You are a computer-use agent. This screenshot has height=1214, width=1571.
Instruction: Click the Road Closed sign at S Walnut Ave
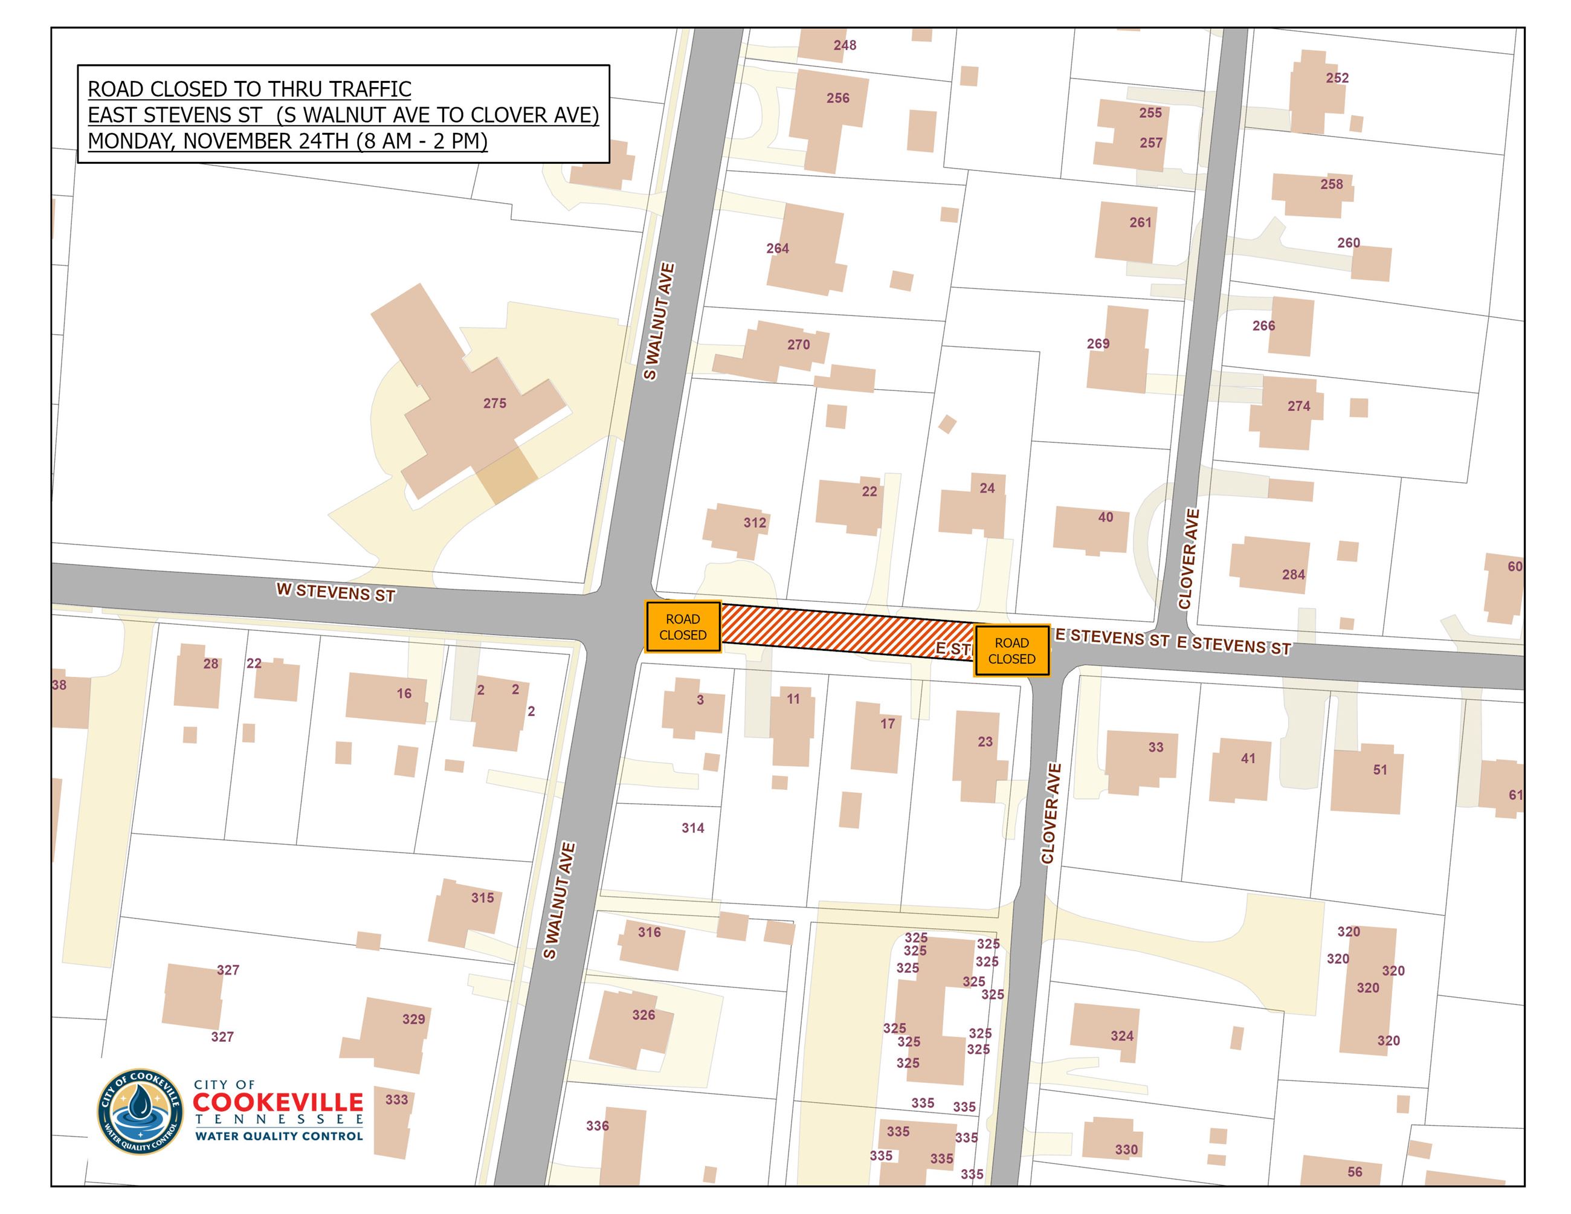pos(683,627)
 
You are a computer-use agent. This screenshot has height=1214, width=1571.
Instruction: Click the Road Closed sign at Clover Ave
pos(1011,651)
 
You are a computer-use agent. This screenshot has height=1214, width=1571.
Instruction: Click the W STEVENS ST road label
pos(336,593)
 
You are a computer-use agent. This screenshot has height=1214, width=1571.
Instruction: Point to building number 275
pos(495,404)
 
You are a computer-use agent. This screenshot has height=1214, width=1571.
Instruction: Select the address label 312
pos(755,523)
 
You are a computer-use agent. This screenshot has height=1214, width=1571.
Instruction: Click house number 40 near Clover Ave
pos(1106,517)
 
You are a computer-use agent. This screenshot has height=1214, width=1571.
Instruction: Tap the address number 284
pos(1293,575)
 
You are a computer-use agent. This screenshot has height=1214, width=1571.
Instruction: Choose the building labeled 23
pos(985,741)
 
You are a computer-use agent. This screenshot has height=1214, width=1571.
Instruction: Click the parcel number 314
pos(692,828)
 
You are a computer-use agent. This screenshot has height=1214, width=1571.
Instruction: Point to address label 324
pos(1121,1036)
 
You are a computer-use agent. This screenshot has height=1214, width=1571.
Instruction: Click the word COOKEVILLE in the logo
pos(279,1103)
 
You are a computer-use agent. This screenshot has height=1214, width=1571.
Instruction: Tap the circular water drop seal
pos(140,1109)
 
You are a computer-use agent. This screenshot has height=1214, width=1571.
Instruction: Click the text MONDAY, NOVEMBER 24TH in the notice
pos(220,141)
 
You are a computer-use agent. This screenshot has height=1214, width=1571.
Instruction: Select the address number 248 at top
pos(845,45)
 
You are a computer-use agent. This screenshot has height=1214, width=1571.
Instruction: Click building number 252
pos(1337,78)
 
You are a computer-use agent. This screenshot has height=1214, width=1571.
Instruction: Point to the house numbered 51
pos(1379,769)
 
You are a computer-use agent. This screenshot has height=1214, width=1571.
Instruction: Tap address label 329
pos(414,1019)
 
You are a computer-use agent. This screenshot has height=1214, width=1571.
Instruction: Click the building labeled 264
pos(778,248)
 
